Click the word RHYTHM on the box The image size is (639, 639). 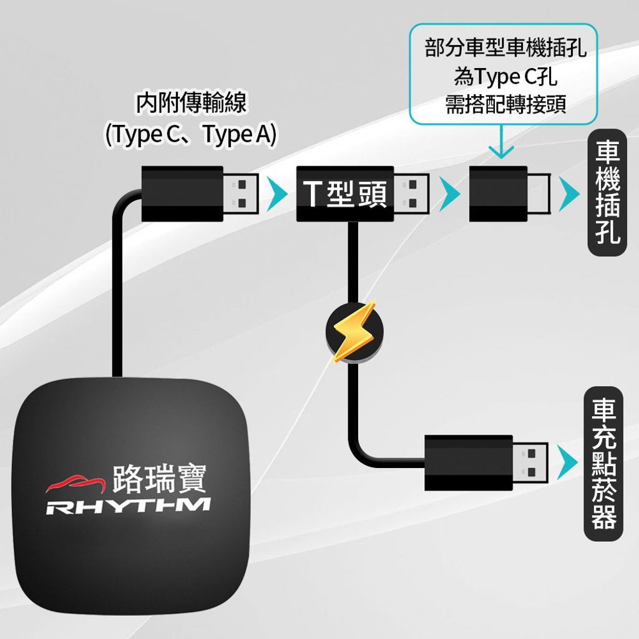point(128,506)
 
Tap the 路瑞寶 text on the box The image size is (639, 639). point(159,477)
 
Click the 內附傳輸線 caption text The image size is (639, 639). point(191,104)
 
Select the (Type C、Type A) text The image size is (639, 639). point(191,135)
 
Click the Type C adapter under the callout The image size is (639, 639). point(499,193)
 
